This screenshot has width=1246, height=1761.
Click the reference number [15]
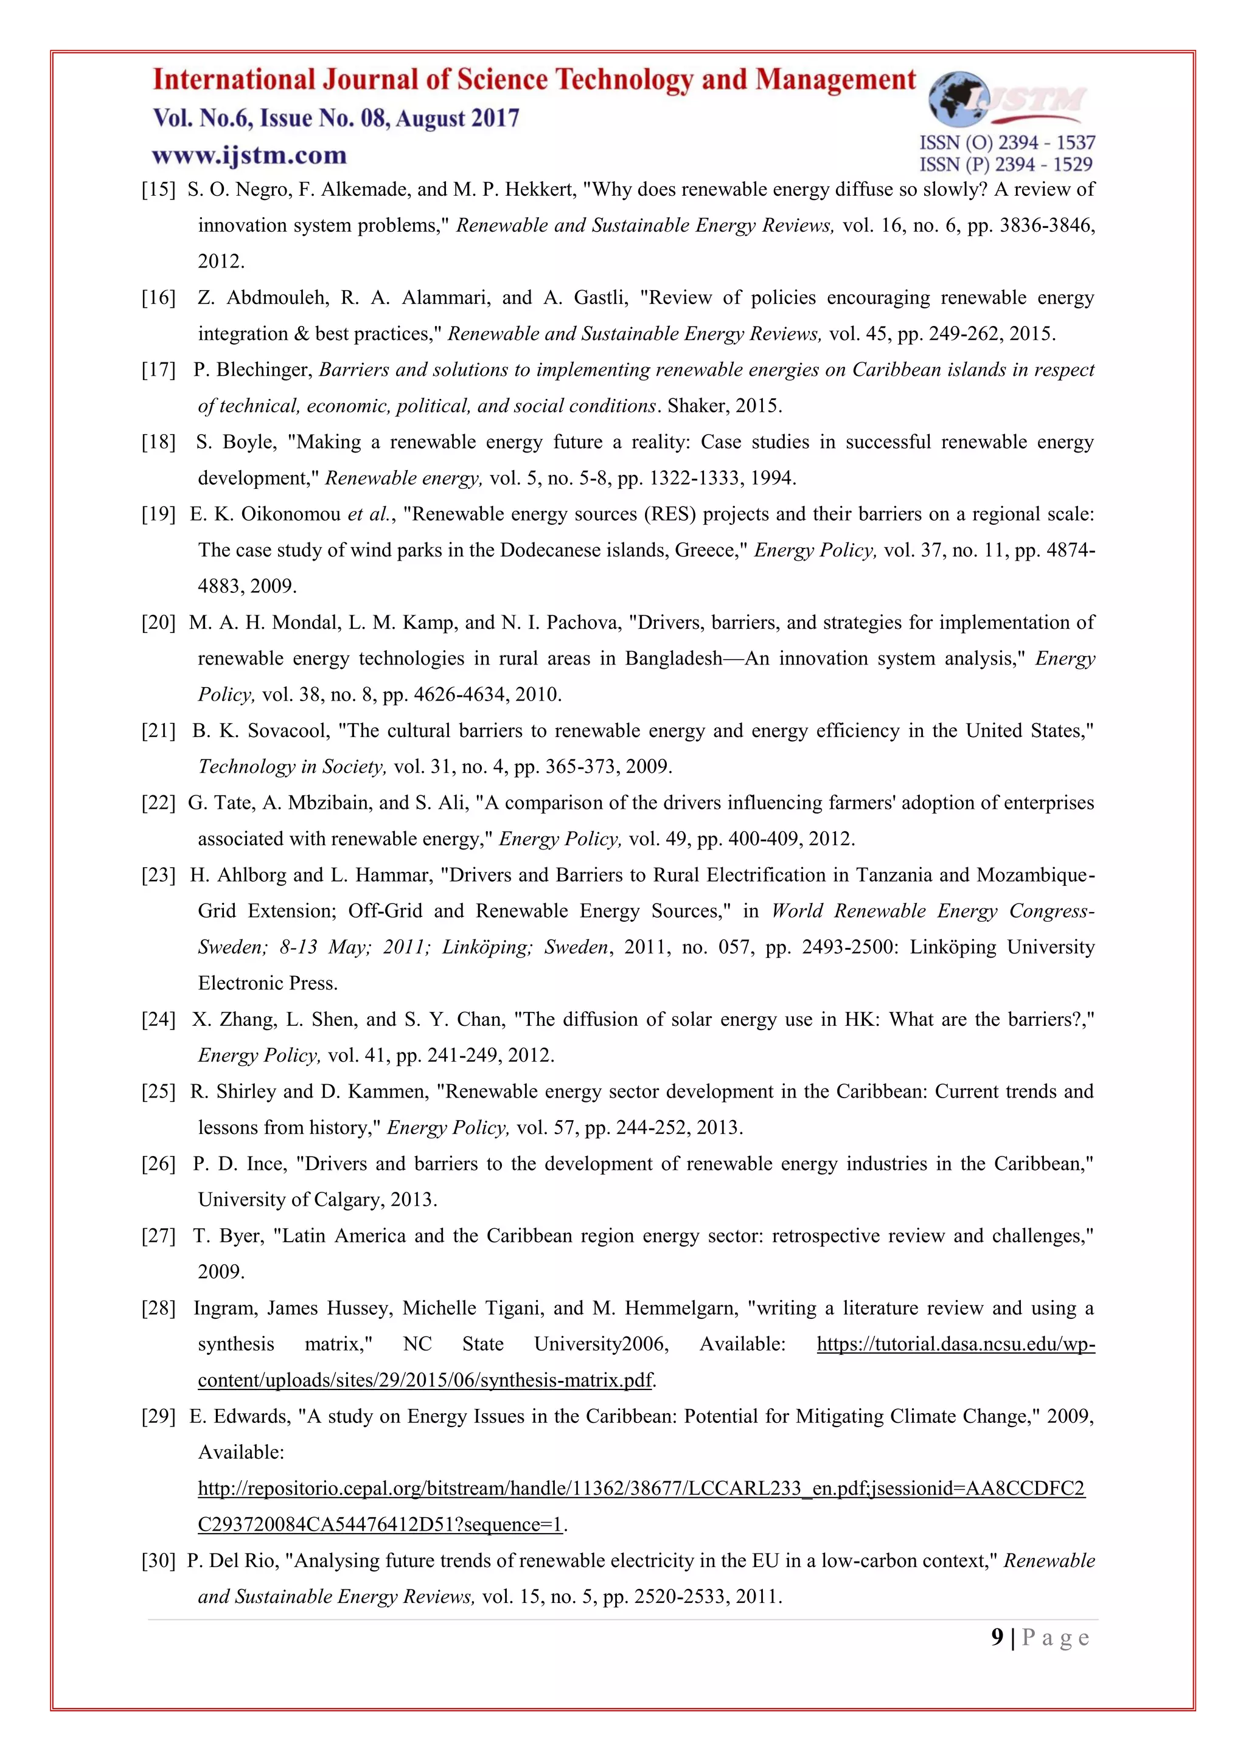[x=158, y=190]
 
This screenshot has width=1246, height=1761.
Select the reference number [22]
[x=158, y=803]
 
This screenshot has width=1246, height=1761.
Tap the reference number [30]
[x=158, y=1561]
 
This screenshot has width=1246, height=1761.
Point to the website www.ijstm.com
[x=249, y=156]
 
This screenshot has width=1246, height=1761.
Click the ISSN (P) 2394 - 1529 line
[x=1006, y=164]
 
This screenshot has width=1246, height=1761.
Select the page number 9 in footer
[x=997, y=1638]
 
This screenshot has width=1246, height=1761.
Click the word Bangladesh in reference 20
[x=673, y=659]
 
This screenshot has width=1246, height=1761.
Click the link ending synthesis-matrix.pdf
[x=425, y=1380]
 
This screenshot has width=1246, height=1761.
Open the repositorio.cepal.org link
[x=641, y=1489]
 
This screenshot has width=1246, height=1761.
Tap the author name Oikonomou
[x=291, y=514]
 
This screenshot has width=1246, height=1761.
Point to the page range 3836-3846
[x=1046, y=226]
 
